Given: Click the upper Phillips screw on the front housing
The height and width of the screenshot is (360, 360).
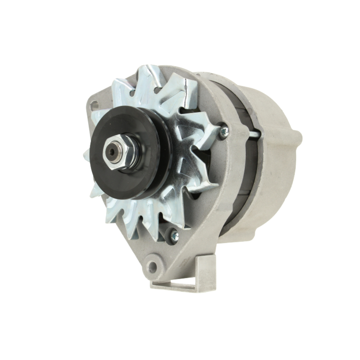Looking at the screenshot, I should pos(224,132).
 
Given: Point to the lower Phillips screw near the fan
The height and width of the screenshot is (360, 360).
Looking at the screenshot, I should pos(174,236).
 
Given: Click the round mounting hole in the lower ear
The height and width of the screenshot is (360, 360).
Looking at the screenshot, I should pos(153,267).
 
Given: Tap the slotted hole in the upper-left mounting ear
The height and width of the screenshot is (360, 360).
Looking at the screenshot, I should pos(94,106).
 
